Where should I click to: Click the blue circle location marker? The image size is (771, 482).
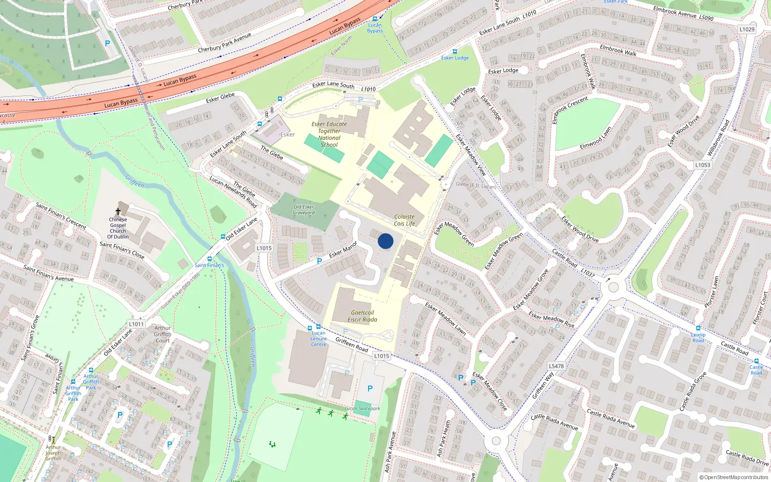(x=385, y=241)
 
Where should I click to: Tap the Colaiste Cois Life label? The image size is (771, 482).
(x=404, y=220)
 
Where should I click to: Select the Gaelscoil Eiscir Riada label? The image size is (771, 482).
(x=362, y=316)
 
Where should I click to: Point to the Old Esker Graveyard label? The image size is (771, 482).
(x=304, y=210)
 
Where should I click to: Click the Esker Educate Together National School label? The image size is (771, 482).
(x=329, y=134)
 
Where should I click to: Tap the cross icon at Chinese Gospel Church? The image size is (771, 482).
(x=118, y=212)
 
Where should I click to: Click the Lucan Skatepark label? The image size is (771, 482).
(x=362, y=408)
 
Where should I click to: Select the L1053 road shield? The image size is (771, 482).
(x=703, y=165)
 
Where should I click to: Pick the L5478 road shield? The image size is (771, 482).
(x=556, y=366)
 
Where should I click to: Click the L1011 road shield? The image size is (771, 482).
(x=136, y=324)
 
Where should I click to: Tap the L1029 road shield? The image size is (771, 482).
(x=747, y=29)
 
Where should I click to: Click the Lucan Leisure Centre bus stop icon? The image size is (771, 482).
(x=318, y=327)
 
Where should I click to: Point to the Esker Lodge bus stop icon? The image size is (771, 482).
(x=454, y=52)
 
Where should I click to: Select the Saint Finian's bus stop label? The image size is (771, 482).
(x=209, y=265)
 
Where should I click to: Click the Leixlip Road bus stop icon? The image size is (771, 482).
(x=698, y=328)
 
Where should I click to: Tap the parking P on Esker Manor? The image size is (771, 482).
(x=319, y=261)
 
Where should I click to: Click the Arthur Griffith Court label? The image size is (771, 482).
(x=162, y=334)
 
